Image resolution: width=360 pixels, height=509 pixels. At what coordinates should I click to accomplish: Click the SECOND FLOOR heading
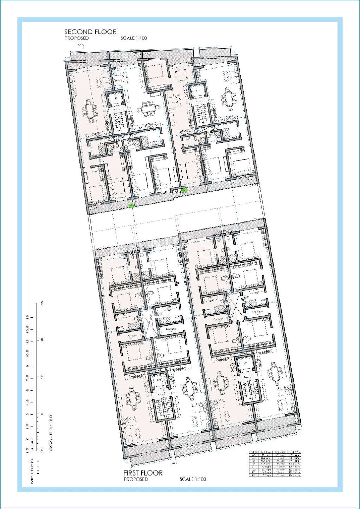(x=90, y=32)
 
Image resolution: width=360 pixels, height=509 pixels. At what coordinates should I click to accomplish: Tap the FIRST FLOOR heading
(x=143, y=473)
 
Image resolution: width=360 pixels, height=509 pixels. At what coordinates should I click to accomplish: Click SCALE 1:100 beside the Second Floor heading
(x=134, y=38)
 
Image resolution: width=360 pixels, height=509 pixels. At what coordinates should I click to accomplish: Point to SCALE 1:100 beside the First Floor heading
(x=193, y=479)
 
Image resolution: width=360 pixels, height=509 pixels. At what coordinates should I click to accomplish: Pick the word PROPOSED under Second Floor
(x=77, y=38)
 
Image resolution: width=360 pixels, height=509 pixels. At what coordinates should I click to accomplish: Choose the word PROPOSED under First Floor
(x=136, y=479)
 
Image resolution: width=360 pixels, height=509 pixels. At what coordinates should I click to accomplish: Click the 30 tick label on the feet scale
(x=43, y=340)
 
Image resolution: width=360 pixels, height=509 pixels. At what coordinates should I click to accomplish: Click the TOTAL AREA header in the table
(x=294, y=452)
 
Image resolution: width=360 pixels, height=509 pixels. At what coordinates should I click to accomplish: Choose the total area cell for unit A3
(x=294, y=455)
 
